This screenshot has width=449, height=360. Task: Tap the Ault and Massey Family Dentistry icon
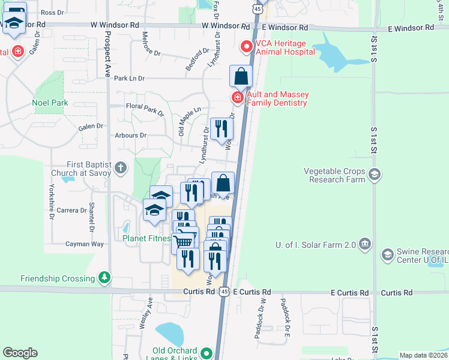[238, 98]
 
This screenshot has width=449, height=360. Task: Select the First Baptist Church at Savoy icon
[121, 167]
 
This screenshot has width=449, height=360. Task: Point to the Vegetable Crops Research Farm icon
[375, 175]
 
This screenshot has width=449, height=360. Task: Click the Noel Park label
[50, 103]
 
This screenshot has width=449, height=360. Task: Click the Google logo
[20, 352]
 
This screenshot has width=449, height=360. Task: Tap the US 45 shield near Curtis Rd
[223, 292]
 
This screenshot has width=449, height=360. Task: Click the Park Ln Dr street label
[130, 79]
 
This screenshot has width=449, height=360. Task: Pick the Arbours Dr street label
[131, 136]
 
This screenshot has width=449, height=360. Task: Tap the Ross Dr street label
[53, 12]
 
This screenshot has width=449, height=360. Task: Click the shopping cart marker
[185, 241]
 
